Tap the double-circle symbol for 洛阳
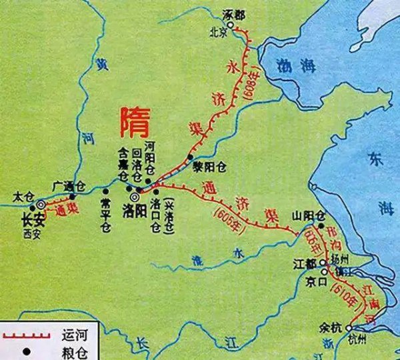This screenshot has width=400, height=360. point(135,197)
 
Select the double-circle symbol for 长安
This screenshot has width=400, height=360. point(41,203)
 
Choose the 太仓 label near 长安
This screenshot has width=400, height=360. point(21,196)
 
